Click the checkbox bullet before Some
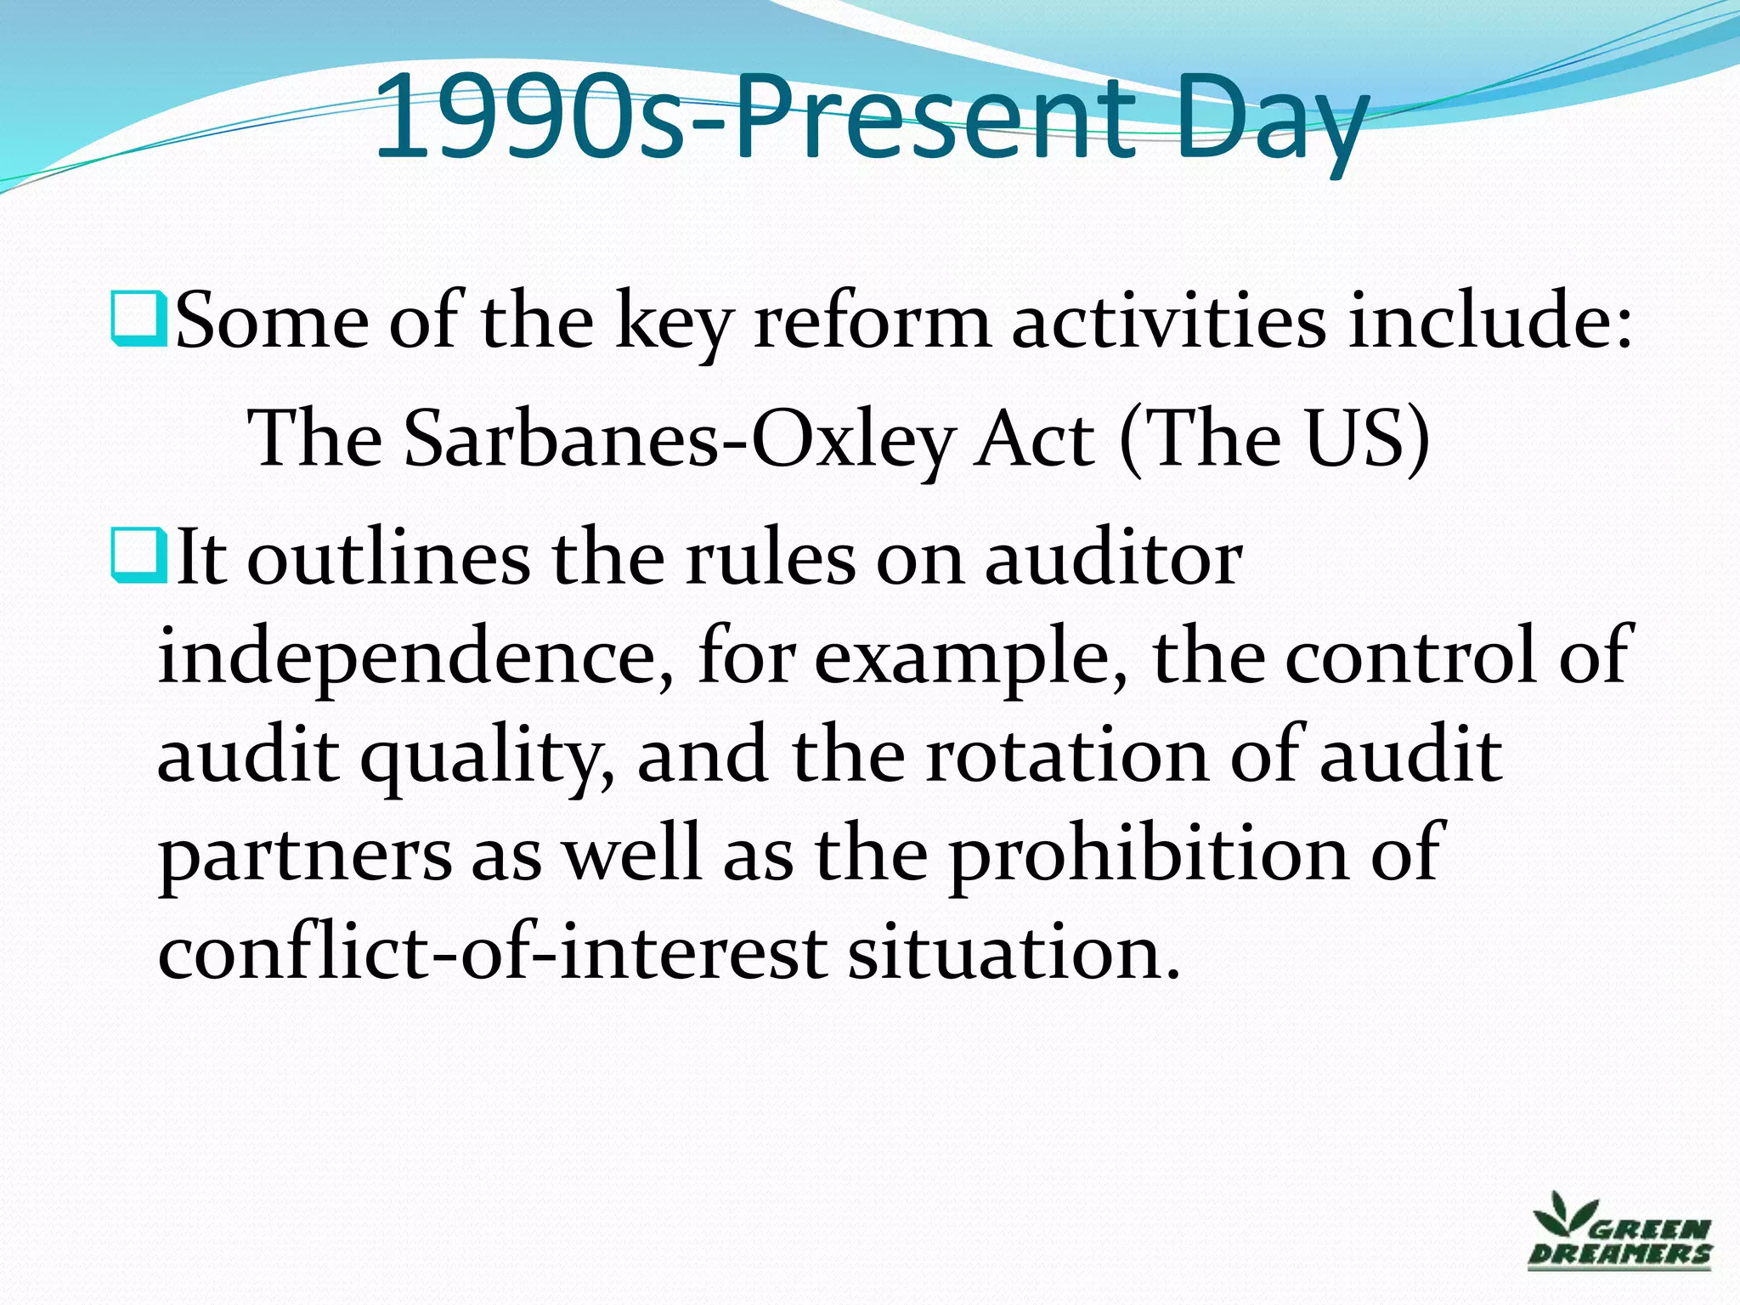click(x=138, y=318)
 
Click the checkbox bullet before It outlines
click(x=138, y=553)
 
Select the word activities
click(x=1168, y=322)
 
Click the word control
click(x=1410, y=656)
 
